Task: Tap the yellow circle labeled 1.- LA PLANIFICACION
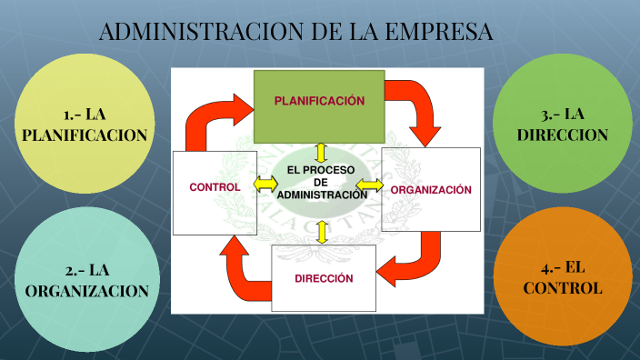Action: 85,124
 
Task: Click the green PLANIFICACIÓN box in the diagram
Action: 319,102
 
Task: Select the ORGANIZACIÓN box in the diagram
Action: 431,190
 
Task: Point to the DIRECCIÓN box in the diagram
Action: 323,278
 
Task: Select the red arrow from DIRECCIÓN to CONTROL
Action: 240,268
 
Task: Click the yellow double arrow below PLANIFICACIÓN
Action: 320,151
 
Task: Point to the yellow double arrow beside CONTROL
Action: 265,184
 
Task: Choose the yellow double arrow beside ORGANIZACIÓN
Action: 369,185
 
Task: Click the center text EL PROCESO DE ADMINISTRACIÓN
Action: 320,182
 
